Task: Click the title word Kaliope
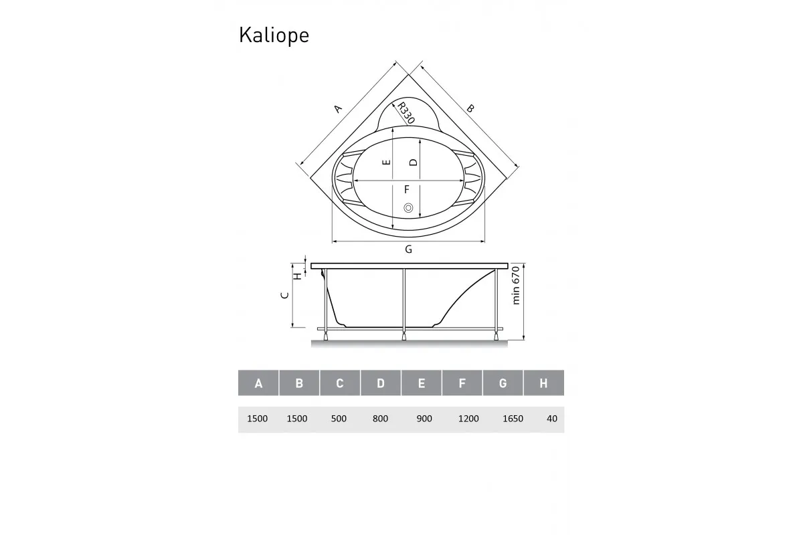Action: [x=274, y=35]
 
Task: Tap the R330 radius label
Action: [x=406, y=112]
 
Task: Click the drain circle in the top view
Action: [x=408, y=209]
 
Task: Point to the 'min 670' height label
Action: [x=516, y=285]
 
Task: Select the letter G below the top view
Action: [x=408, y=250]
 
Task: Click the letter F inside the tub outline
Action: [x=406, y=189]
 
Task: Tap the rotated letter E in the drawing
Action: [x=385, y=163]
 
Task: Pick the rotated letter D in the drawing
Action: [x=414, y=163]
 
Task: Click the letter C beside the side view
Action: [x=284, y=295]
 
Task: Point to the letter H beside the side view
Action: [x=297, y=275]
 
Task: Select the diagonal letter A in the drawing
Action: [x=338, y=109]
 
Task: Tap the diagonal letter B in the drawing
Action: [x=470, y=108]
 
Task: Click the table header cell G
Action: [x=503, y=383]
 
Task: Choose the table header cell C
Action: [x=340, y=383]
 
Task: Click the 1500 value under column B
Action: [x=297, y=419]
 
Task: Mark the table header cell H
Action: [x=543, y=383]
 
